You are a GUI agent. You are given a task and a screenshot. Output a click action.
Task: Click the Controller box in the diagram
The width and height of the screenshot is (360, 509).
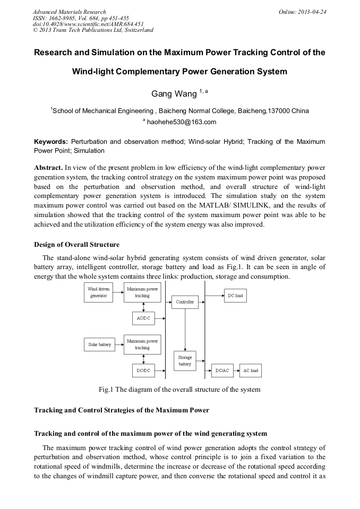pyautogui.click(x=185, y=302)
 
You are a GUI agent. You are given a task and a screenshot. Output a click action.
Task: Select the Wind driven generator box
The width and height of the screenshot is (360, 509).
pyautogui.click(x=99, y=292)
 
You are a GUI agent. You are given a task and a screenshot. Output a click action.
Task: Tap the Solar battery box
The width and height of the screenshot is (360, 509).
pyautogui.click(x=99, y=344)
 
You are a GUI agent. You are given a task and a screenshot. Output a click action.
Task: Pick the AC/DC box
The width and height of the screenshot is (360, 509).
pyautogui.click(x=142, y=318)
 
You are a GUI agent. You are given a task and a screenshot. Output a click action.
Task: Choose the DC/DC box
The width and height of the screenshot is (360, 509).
pyautogui.click(x=142, y=370)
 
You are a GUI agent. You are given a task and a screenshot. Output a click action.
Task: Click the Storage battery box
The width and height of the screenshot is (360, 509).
pyautogui.click(x=185, y=361)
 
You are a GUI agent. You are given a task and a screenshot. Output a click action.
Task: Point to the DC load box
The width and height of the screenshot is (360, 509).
pyautogui.click(x=235, y=296)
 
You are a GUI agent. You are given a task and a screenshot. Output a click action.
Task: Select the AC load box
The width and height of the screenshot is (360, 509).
pyautogui.click(x=250, y=370)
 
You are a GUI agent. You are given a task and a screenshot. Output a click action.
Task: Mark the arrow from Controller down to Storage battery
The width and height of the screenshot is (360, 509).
pyautogui.click(x=185, y=329)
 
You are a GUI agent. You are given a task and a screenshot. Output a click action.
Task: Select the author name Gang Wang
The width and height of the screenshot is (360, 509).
pyautogui.click(x=174, y=94)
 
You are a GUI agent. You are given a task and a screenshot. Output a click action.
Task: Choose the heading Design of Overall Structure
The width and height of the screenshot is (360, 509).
pyautogui.click(x=76, y=245)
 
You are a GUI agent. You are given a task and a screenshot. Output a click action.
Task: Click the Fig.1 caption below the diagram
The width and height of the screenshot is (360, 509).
pyautogui.click(x=179, y=390)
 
